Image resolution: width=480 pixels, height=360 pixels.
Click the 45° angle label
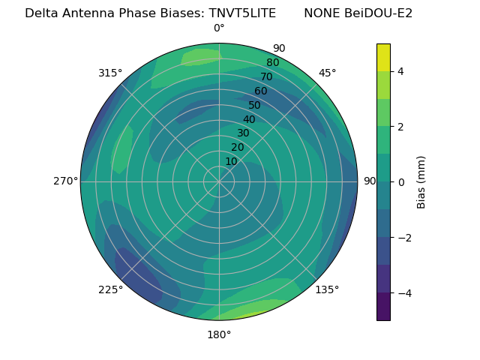[x=327, y=73]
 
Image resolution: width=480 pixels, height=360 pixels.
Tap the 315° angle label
[x=110, y=73]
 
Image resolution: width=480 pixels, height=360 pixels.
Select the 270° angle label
[x=65, y=181]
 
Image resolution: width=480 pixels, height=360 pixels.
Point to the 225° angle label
[x=110, y=290]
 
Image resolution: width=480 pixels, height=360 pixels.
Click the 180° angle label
[x=219, y=334]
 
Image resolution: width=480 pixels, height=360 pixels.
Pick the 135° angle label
[x=327, y=290]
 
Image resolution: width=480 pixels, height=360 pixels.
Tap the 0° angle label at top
[x=219, y=28]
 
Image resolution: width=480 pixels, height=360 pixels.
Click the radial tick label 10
[x=231, y=161]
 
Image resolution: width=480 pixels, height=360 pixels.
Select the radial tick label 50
[x=254, y=106]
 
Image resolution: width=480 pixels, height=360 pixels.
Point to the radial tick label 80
[x=272, y=63]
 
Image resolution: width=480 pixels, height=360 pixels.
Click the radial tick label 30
[x=243, y=133]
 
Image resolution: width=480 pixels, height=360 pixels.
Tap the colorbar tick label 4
[x=401, y=71]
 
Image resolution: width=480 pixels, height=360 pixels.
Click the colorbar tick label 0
[x=401, y=182]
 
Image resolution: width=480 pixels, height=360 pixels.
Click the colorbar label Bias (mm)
[x=421, y=182]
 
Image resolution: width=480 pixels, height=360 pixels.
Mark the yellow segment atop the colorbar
[x=383, y=58]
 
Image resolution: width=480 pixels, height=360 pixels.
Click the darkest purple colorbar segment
[x=383, y=307]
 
